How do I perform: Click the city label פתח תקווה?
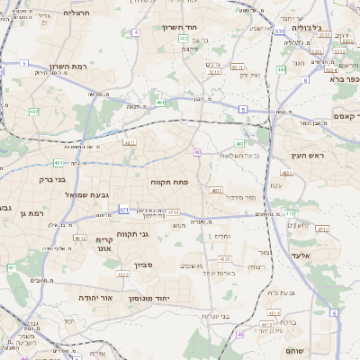[x=174, y=182]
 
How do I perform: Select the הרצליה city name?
[x=78, y=13]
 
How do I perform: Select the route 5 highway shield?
[x=243, y=109]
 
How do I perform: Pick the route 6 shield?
[x=332, y=312]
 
